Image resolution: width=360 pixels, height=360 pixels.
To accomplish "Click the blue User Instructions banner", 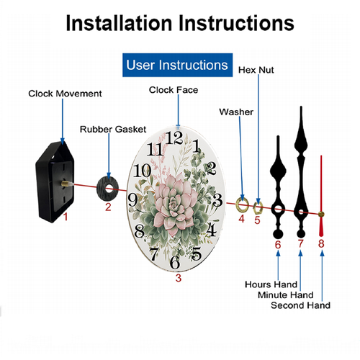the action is click(177, 65).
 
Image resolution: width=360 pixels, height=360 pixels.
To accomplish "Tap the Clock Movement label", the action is click(65, 94).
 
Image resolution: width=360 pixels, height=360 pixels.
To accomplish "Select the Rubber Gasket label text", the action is click(113, 130).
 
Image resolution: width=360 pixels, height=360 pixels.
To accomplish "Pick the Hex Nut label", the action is click(256, 70).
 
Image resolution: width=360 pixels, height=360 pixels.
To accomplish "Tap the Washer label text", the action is click(236, 112).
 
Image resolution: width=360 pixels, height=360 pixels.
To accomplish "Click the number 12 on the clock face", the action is click(174, 138).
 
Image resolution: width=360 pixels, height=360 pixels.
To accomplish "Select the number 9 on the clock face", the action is click(132, 200).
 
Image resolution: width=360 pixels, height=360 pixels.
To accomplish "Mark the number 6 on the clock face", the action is click(175, 262).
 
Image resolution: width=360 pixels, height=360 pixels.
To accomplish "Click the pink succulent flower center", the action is click(174, 204).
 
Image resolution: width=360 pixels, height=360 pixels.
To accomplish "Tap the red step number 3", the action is click(179, 278).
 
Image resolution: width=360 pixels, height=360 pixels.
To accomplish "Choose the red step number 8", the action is click(321, 243).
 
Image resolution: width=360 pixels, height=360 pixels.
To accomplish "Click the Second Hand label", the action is click(300, 305).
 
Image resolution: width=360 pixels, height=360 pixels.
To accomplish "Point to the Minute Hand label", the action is click(286, 295).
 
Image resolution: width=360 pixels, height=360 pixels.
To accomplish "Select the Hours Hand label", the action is click(271, 284).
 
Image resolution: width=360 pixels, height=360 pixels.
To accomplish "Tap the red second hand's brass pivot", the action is click(321, 214).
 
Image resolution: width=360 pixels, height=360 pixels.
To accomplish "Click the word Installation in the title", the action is click(119, 23).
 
